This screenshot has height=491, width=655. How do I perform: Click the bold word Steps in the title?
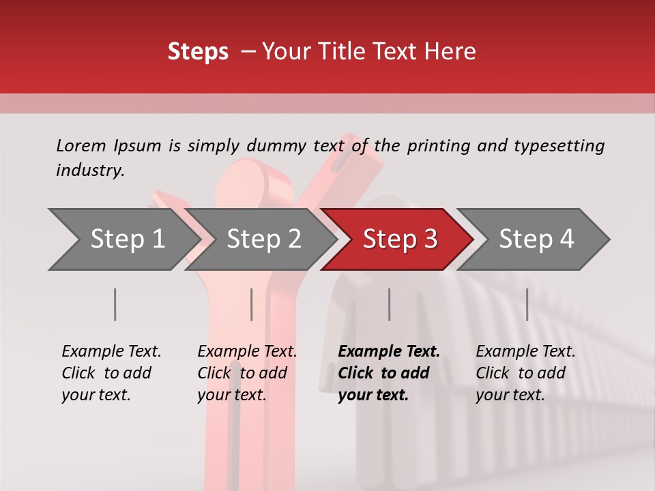[x=198, y=52]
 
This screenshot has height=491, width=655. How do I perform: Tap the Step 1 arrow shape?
[x=127, y=239]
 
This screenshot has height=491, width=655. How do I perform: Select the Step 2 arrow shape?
[x=263, y=239]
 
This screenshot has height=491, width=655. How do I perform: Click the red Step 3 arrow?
[x=400, y=239]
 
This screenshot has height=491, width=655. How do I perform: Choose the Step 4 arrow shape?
[x=536, y=239]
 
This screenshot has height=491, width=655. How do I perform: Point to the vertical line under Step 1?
[x=115, y=304]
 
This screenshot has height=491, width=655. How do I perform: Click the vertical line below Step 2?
[x=252, y=304]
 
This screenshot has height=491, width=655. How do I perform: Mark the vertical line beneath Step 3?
[x=390, y=304]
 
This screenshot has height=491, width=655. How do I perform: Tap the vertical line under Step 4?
[x=527, y=304]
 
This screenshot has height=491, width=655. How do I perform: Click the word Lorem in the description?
[x=81, y=146]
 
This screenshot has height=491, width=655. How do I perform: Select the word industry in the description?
[x=90, y=170]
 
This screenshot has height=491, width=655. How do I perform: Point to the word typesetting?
[x=559, y=146]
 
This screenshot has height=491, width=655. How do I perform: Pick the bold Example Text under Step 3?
[x=389, y=352]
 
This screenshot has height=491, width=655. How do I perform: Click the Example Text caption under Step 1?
[x=111, y=352]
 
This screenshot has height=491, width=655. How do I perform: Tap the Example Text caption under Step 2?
[x=247, y=352]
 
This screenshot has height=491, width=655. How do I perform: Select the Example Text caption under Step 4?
[x=525, y=352]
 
